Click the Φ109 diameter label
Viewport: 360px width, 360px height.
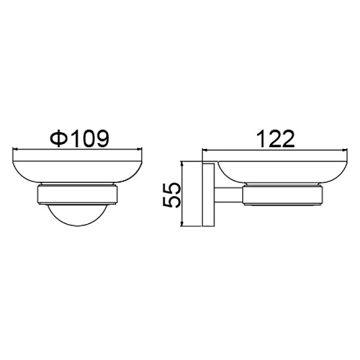(79, 138)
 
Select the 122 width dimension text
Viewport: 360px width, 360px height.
(276, 139)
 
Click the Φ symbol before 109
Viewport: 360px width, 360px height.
(59, 138)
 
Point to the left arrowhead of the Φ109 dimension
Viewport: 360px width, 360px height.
(15, 149)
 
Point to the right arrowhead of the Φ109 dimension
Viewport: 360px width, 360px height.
(140, 149)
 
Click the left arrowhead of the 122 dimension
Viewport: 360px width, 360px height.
(205, 150)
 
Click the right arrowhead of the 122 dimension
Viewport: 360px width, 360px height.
(344, 150)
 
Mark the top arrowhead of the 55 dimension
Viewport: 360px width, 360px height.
(182, 164)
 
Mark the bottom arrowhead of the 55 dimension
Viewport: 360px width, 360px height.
(182, 224)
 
